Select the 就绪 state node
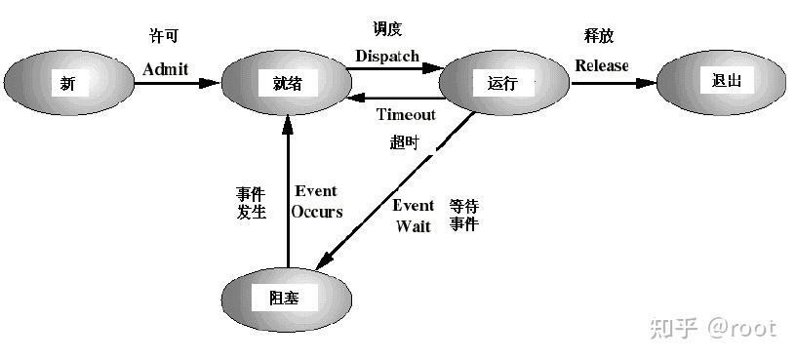[x=282, y=83]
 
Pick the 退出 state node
[x=723, y=80]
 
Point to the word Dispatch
[x=386, y=56]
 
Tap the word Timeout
[x=406, y=114]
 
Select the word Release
[x=602, y=66]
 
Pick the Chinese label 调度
[x=387, y=29]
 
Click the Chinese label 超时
[x=405, y=142]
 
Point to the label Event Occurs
[x=318, y=201]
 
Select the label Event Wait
[x=414, y=216]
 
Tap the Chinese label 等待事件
[x=463, y=215]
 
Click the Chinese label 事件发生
[x=251, y=202]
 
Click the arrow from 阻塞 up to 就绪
[x=288, y=185]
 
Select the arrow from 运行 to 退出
[x=613, y=83]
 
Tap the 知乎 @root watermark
[x=713, y=328]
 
